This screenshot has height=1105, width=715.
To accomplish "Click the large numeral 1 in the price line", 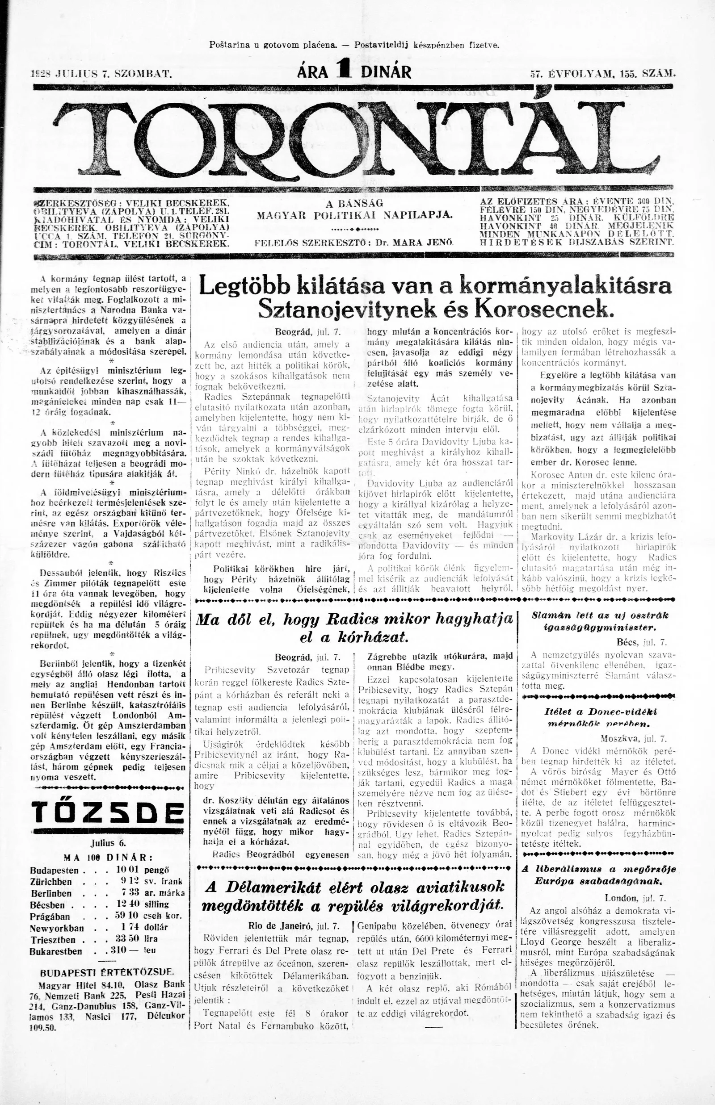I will [x=345, y=71].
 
